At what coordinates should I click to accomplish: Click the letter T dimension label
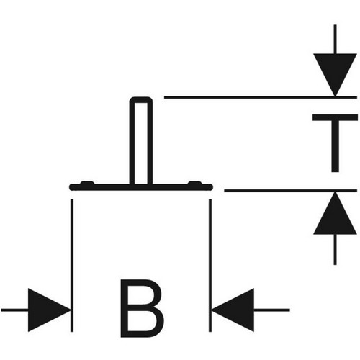[335, 143]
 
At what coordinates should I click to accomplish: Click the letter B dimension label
[142, 308]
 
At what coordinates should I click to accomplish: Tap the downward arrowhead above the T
[335, 74]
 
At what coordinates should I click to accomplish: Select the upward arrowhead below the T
[335, 213]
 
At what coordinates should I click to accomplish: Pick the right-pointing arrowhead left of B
[49, 310]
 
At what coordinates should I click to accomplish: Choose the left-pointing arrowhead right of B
[233, 310]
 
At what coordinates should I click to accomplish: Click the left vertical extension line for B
[72, 266]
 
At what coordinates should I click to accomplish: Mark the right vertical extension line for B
[210, 266]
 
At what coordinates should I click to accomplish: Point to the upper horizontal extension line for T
[261, 97]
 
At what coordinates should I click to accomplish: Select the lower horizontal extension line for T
[291, 191]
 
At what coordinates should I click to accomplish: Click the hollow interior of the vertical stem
[141, 143]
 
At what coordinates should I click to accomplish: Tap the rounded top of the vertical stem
[141, 99]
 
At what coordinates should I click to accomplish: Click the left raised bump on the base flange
[87, 183]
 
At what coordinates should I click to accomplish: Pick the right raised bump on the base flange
[194, 183]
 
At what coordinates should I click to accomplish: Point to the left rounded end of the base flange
[71, 187]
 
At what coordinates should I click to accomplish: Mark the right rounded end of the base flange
[210, 187]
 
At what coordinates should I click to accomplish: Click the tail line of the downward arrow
[335, 39]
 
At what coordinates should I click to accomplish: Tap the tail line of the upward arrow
[335, 250]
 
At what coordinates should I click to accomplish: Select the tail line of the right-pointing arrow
[14, 310]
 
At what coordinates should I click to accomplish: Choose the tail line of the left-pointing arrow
[271, 310]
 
